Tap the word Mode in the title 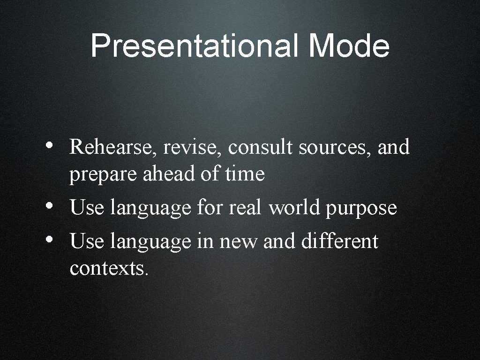[349, 46]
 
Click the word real [245, 208]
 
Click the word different [339, 241]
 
